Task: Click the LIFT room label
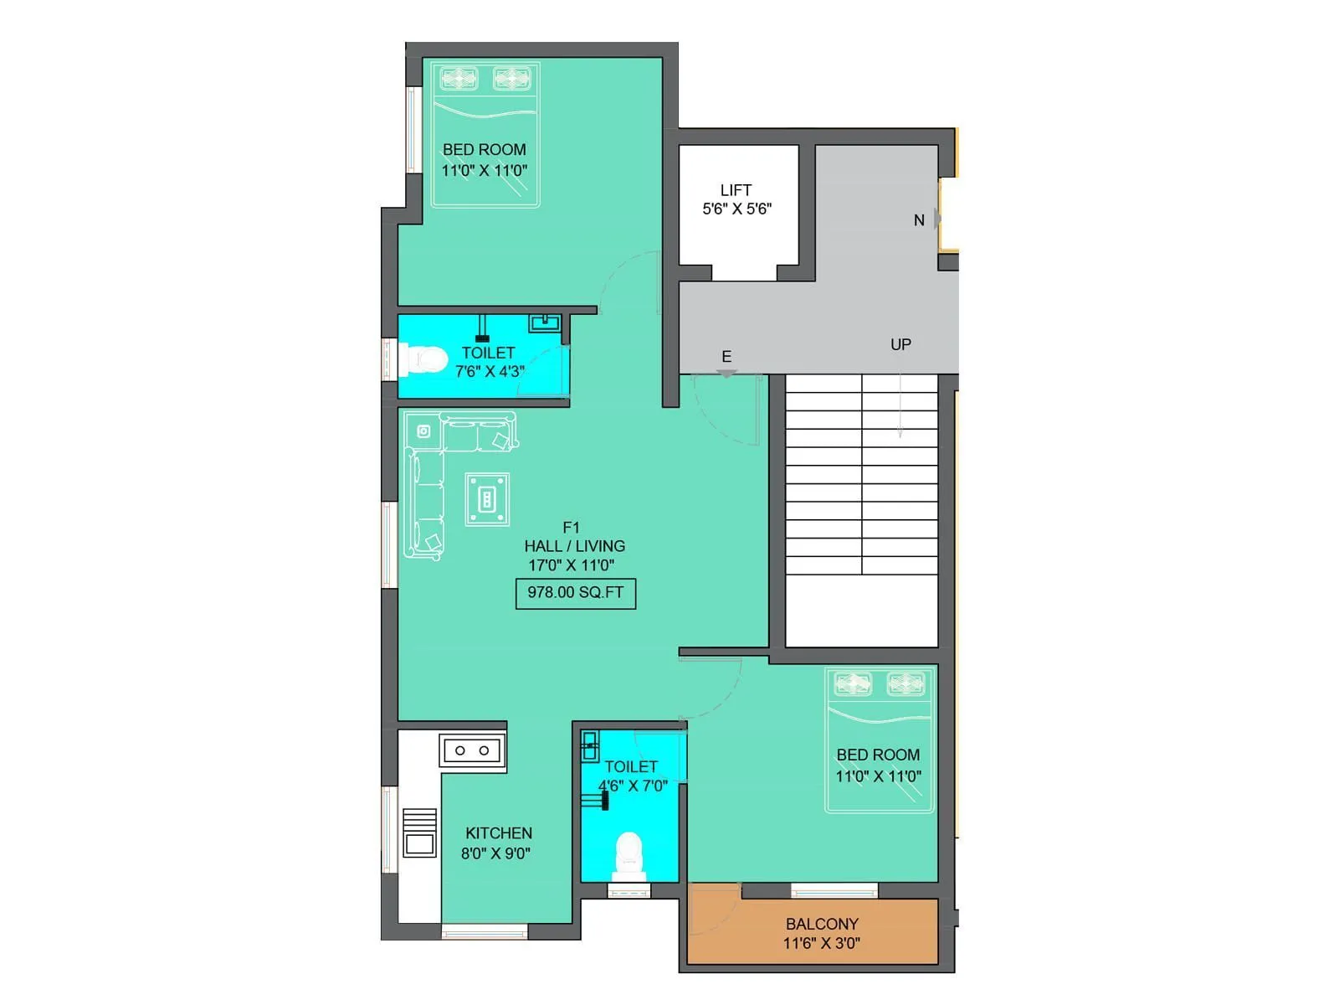(736, 190)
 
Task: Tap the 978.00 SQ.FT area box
(576, 593)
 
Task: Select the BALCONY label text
(822, 924)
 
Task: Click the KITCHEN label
(499, 832)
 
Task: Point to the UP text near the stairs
(900, 344)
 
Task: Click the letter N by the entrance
(919, 220)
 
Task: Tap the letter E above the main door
(726, 357)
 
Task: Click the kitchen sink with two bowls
(472, 750)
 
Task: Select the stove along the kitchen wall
(419, 832)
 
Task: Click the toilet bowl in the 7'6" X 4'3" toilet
(426, 360)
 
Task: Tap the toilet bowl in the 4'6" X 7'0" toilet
(628, 853)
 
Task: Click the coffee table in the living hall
(487, 500)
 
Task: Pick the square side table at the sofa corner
(423, 431)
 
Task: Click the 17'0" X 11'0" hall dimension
(571, 565)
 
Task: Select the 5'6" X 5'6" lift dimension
(736, 209)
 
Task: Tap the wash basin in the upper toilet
(545, 322)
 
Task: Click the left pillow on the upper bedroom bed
(459, 79)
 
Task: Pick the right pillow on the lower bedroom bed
(905, 684)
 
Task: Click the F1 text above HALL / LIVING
(571, 527)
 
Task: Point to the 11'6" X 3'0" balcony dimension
(821, 943)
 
